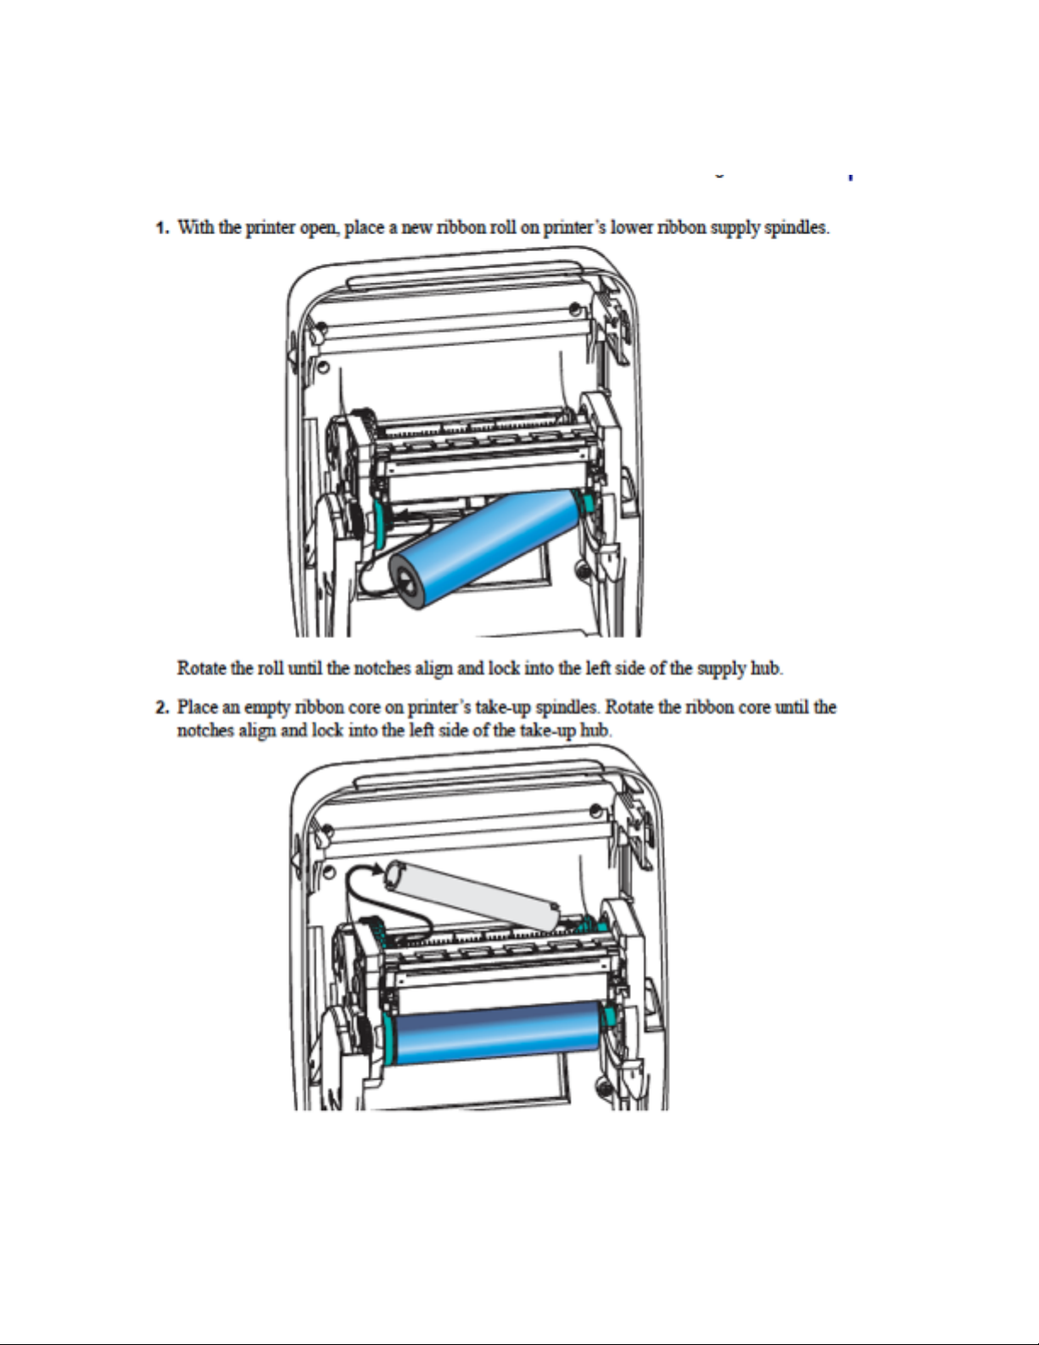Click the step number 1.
click(160, 227)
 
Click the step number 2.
click(160, 708)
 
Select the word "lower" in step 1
click(631, 227)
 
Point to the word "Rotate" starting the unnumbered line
click(202, 668)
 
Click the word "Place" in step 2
click(198, 707)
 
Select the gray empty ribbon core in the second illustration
click(475, 894)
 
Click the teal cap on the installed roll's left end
click(388, 1037)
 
